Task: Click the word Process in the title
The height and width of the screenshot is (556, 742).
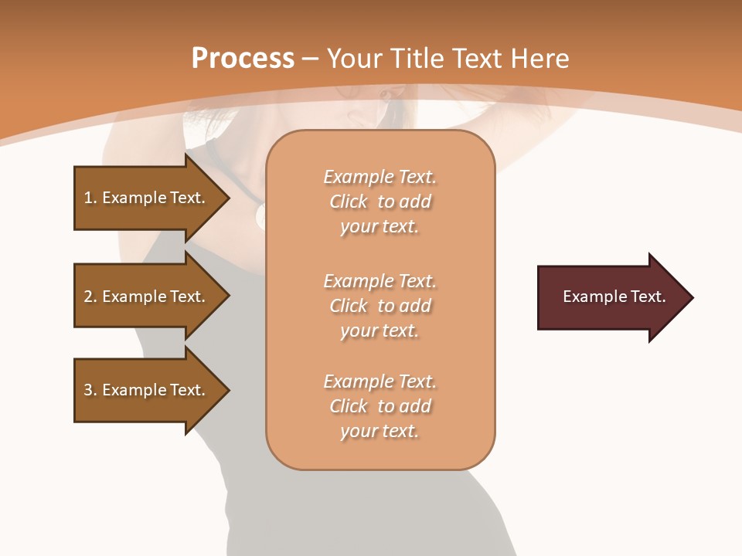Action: [243, 59]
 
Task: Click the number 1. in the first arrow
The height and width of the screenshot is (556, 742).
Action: [90, 198]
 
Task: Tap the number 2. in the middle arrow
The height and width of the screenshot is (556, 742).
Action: [90, 297]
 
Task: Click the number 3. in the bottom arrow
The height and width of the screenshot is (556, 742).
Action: [90, 390]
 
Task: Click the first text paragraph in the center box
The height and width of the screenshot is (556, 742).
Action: [380, 202]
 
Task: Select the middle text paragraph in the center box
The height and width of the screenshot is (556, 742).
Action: [380, 306]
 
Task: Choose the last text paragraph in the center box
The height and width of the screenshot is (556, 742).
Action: [380, 406]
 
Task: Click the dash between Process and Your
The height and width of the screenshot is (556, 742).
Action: [310, 59]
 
